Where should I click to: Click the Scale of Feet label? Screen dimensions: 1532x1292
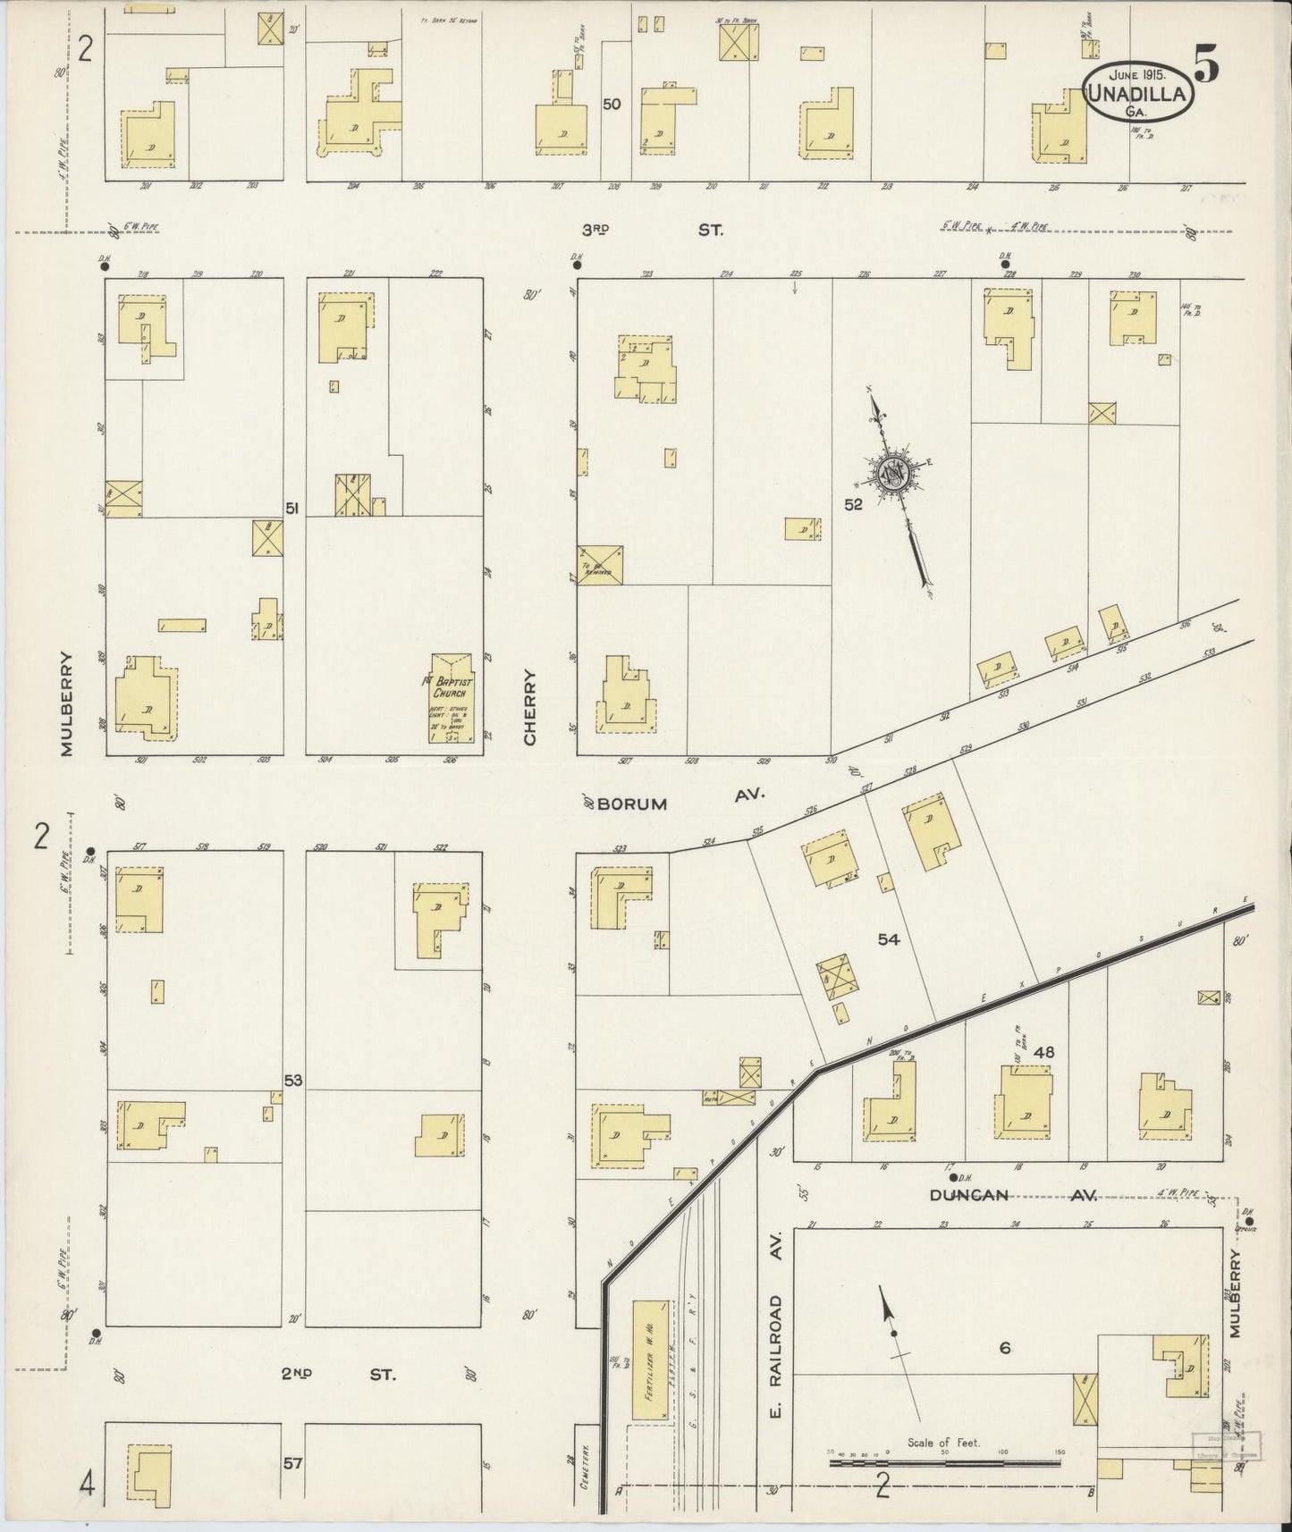pos(943,1443)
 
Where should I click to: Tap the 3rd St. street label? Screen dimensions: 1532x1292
pos(652,230)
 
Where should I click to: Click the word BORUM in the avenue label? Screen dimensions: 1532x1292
pos(632,804)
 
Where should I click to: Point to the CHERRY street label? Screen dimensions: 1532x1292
pos(529,708)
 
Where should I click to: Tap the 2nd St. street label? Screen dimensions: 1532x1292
pos(338,1373)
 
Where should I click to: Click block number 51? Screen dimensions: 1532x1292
pos(291,508)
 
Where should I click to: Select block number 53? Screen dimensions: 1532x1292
pos(293,1080)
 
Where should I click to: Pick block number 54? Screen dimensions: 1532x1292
pos(888,939)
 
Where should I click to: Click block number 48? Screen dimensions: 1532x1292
pos(1043,1052)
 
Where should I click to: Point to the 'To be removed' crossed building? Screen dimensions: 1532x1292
pos(600,564)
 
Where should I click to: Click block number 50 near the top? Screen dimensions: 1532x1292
pos(612,104)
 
